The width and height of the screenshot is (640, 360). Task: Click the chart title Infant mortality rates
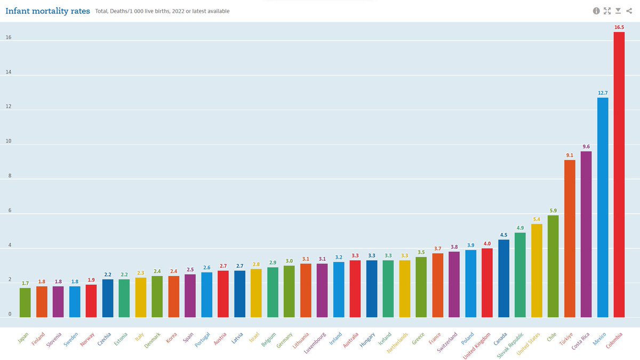pyautogui.click(x=47, y=11)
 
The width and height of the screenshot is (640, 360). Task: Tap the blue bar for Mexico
pyautogui.click(x=603, y=207)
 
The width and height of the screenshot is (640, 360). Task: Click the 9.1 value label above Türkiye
pyautogui.click(x=570, y=155)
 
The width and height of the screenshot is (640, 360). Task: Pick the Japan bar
pyautogui.click(x=25, y=302)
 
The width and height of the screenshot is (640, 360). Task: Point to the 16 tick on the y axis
pyautogui.click(x=9, y=38)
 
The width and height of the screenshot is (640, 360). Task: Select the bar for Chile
pyautogui.click(x=553, y=266)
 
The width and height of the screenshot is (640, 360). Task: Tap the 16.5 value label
pyautogui.click(x=619, y=27)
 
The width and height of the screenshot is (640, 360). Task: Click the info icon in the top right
pyautogui.click(x=597, y=11)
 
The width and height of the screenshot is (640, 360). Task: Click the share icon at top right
pyautogui.click(x=629, y=11)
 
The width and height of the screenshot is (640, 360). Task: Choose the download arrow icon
pyautogui.click(x=618, y=11)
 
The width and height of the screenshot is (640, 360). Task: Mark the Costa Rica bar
pyautogui.click(x=586, y=234)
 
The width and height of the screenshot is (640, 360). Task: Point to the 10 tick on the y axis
pyautogui.click(x=9, y=142)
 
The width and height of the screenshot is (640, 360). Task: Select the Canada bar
pyautogui.click(x=503, y=278)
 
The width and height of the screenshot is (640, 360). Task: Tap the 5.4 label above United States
pyautogui.click(x=537, y=219)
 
